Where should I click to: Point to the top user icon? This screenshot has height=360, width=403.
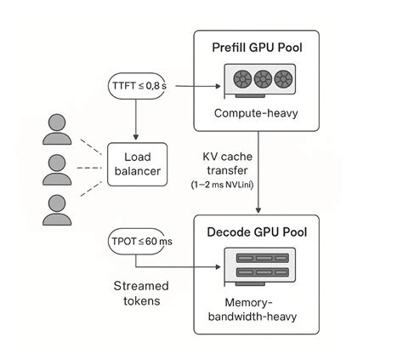coord(56,129)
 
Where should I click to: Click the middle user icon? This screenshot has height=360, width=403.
coord(56,169)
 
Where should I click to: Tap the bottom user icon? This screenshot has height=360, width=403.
coord(56,209)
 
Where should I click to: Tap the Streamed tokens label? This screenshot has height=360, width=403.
coord(142,293)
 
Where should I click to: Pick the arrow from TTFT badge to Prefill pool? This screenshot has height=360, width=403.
coord(188,86)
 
